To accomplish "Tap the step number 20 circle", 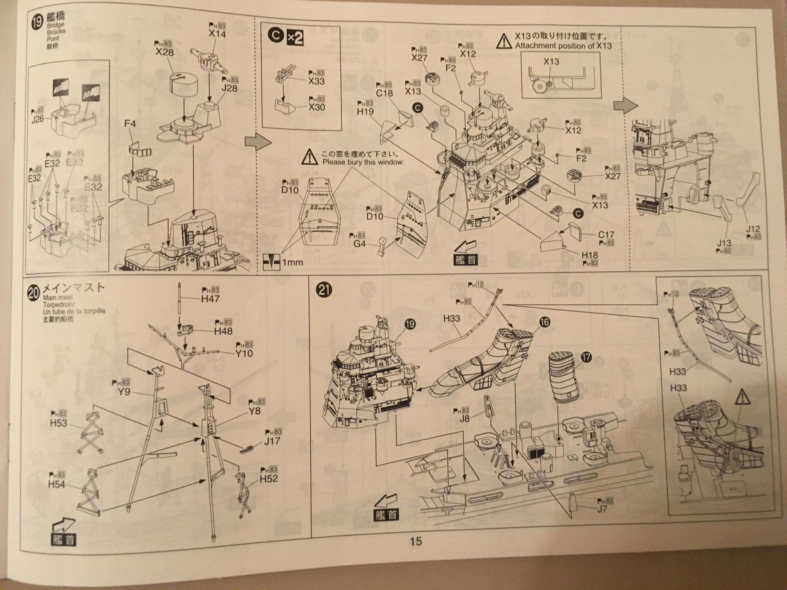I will coord(34,293).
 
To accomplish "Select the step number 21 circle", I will coord(324,290).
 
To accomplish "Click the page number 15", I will coord(415,541).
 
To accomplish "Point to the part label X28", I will coord(164,52).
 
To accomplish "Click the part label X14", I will coord(217,34).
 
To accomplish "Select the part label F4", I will coord(130,123).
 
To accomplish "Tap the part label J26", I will coord(37,119).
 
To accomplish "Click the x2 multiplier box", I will coord(295,38).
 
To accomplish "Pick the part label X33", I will coord(316,81).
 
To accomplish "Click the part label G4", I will coord(359,244).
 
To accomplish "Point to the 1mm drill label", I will coord(293,262).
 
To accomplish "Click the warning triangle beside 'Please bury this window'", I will coord(309,157).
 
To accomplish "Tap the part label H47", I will coord(210,299).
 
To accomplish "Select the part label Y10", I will coord(243,353).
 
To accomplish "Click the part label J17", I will coord(272,441).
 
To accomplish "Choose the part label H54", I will coord(56,484).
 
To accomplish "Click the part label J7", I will coord(602,509).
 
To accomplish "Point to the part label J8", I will coord(464,419).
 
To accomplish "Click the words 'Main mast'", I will coord(58,298).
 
